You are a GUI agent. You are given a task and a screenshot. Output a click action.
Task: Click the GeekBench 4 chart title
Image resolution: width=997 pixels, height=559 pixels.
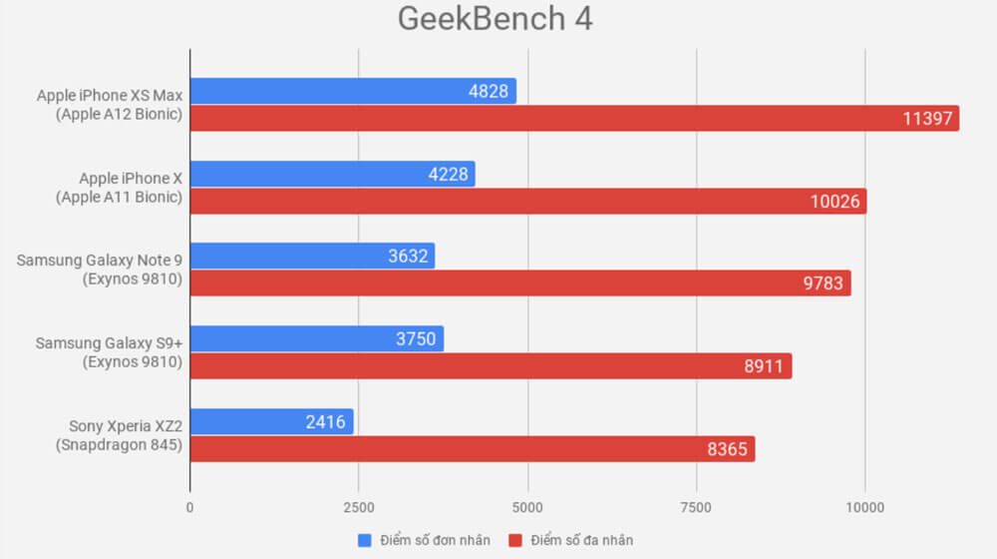tap(495, 20)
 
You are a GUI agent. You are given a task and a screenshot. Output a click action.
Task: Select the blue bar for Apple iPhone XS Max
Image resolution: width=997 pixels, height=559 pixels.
tap(353, 92)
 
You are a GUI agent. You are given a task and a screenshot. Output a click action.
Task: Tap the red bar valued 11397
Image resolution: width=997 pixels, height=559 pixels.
tap(574, 119)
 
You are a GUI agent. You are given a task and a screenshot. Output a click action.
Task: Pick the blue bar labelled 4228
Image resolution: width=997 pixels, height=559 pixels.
tap(332, 174)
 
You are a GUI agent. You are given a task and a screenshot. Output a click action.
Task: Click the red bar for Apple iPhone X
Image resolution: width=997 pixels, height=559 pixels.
tap(528, 201)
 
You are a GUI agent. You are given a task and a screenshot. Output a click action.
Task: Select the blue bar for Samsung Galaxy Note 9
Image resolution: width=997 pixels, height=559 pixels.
tap(312, 256)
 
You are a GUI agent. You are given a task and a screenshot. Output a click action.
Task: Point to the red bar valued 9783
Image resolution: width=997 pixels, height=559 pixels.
tap(520, 283)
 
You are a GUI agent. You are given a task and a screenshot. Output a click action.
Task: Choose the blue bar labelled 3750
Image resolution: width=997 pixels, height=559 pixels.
tap(317, 338)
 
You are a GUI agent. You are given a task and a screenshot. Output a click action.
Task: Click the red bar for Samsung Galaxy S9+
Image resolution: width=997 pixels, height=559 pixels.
tap(491, 365)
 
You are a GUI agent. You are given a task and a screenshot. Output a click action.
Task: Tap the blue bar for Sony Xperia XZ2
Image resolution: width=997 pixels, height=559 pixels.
tap(271, 421)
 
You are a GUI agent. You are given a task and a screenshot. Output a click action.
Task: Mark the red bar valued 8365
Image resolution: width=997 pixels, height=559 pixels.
tap(473, 448)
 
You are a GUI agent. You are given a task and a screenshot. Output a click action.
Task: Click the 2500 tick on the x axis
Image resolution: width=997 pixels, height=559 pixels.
tap(358, 506)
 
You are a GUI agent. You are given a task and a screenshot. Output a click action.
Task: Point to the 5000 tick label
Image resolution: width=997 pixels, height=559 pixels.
tap(527, 506)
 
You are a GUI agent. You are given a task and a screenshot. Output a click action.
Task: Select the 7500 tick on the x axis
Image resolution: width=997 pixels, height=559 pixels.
tap(696, 506)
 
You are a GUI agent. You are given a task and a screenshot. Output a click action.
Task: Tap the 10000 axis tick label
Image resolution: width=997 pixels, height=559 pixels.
tap(864, 506)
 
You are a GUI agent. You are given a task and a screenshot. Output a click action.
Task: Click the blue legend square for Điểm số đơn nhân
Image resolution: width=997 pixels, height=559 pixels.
tap(364, 540)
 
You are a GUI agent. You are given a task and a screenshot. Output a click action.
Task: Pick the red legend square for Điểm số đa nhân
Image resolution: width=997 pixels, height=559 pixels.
tap(515, 540)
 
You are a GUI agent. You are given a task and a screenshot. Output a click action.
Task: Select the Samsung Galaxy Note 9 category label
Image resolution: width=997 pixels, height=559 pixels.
tap(100, 270)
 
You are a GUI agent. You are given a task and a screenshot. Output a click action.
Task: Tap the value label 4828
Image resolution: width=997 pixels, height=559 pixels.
tap(489, 92)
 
